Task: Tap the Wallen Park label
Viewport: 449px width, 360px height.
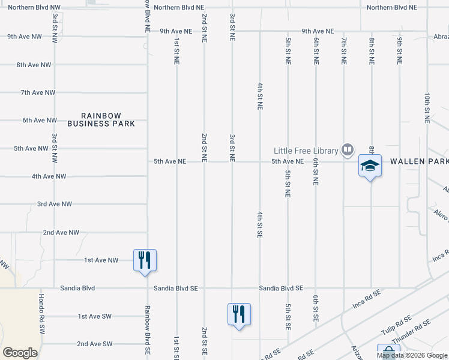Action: [419, 162]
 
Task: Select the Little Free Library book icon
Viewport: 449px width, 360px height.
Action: [347, 149]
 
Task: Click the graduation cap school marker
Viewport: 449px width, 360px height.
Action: [370, 166]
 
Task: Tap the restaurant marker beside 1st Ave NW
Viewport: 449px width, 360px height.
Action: [145, 260]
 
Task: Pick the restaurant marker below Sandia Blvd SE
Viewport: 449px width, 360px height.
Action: [239, 314]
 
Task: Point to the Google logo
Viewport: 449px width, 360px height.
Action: [20, 353]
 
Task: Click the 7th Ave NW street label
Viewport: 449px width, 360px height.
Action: [38, 92]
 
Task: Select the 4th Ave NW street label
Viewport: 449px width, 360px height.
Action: [49, 176]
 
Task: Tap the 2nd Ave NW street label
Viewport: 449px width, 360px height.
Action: [61, 232]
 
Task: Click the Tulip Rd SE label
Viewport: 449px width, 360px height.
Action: [396, 325]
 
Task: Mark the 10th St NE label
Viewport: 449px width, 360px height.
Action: [427, 107]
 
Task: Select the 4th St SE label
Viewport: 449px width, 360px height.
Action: [260, 225]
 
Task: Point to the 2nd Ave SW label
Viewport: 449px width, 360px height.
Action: [94, 344]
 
